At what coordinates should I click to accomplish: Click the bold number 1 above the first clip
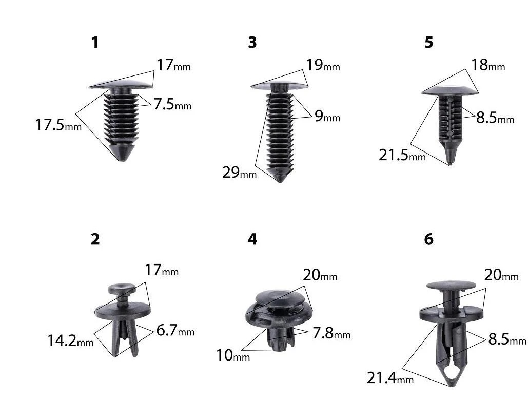tap(95, 43)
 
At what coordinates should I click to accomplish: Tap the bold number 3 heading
tap(252, 43)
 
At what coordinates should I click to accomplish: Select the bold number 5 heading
tap(428, 43)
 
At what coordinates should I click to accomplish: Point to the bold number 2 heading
tap(95, 239)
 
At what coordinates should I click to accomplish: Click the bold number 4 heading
tap(252, 239)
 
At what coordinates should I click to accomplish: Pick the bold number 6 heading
tap(428, 239)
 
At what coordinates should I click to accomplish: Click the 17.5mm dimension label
tap(58, 125)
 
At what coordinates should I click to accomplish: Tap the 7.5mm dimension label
tap(173, 104)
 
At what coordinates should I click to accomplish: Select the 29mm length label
tap(240, 173)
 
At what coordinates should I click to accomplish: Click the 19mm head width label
tap(323, 65)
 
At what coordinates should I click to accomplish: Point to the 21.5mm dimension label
tap(402, 155)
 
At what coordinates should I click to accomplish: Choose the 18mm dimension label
tap(488, 65)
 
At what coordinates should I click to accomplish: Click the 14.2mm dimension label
tap(70, 340)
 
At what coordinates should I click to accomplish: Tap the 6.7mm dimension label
tap(175, 330)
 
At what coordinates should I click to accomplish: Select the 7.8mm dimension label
tap(331, 333)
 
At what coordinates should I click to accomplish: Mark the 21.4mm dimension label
tap(390, 378)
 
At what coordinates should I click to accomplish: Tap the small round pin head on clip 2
tap(122, 288)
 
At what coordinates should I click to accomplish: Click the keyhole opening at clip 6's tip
tap(451, 372)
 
